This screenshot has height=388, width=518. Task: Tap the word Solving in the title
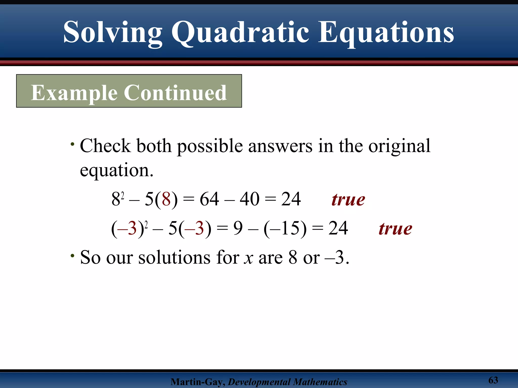click(x=113, y=33)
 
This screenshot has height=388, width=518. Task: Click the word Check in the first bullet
click(x=105, y=146)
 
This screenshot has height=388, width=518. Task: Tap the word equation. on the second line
click(x=117, y=171)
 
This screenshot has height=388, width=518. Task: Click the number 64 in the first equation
click(x=209, y=199)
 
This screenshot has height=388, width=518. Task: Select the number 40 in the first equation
click(x=249, y=199)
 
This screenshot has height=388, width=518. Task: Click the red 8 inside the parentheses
click(x=166, y=199)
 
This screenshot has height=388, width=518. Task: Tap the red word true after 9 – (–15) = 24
click(x=395, y=229)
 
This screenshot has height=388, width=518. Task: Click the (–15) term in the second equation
click(x=285, y=228)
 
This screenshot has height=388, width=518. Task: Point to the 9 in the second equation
click(x=238, y=228)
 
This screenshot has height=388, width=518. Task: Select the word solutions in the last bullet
click(x=174, y=257)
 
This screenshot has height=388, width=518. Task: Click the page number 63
click(x=493, y=380)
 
